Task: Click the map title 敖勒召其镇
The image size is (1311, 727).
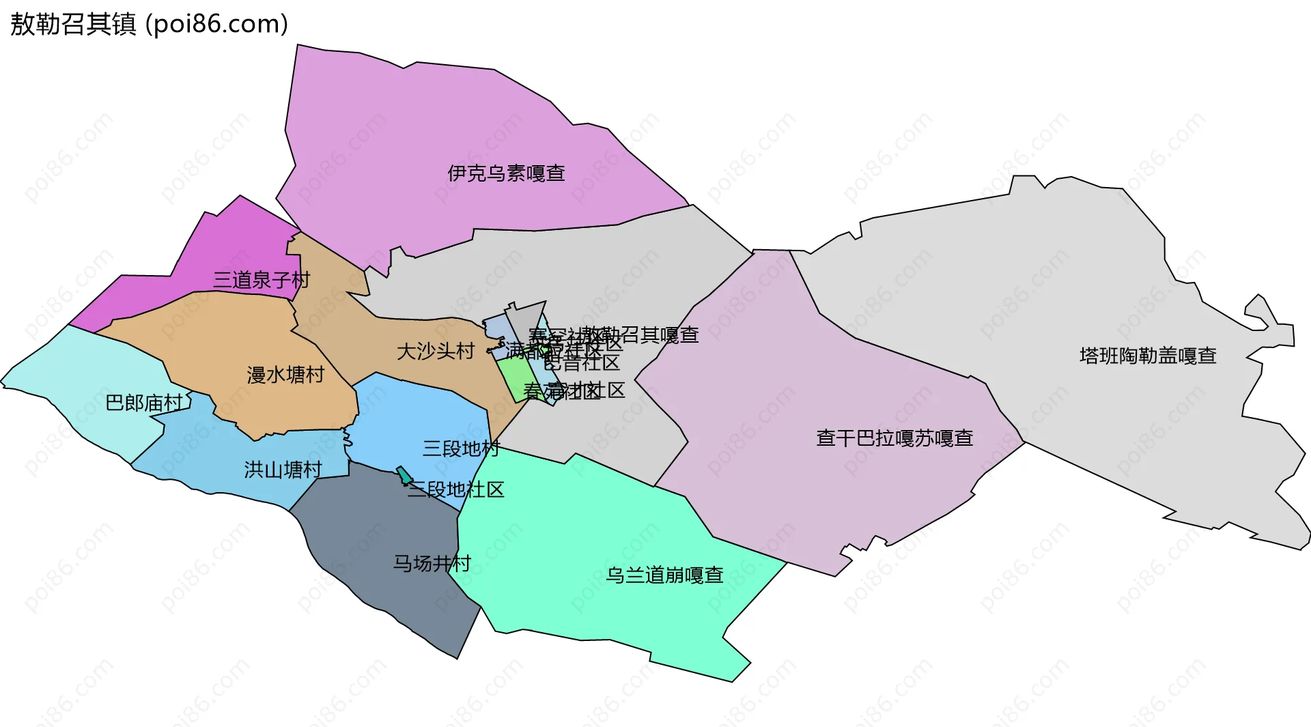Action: click(x=73, y=24)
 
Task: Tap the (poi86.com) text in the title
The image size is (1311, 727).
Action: click(x=216, y=24)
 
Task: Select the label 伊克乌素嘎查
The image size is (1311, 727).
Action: click(x=506, y=173)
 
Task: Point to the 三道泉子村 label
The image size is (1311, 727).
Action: click(x=261, y=280)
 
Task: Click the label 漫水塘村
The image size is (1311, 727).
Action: click(x=285, y=375)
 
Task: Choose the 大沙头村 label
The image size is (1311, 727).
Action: click(x=436, y=352)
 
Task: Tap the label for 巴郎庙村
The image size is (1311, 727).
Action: click(x=144, y=403)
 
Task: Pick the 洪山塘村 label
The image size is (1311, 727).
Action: click(x=283, y=470)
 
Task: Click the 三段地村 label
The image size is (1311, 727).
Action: click(x=461, y=448)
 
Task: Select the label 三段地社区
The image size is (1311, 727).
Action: click(x=456, y=489)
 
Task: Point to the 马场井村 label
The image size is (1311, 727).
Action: click(x=432, y=563)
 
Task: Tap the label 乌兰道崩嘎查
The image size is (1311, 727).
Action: click(x=664, y=575)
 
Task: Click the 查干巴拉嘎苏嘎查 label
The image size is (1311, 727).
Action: click(x=894, y=438)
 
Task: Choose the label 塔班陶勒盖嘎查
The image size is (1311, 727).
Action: click(x=1148, y=356)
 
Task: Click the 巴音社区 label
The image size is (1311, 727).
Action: click(x=582, y=362)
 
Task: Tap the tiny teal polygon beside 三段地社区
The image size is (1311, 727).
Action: click(x=404, y=475)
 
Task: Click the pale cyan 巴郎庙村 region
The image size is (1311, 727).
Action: click(x=82, y=389)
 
